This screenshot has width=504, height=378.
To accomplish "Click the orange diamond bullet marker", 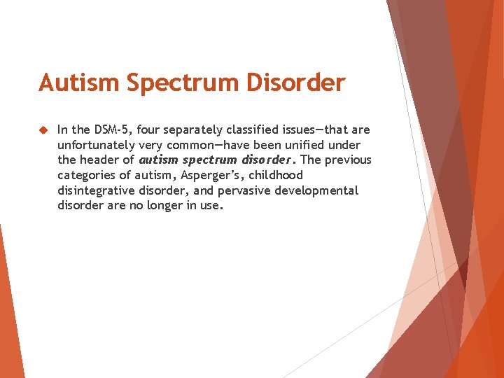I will [x=42, y=129].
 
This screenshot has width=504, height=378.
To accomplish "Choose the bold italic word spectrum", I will [x=207, y=160].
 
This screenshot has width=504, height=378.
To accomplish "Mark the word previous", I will [x=347, y=160].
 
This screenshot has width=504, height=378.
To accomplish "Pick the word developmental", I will [x=320, y=190].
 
